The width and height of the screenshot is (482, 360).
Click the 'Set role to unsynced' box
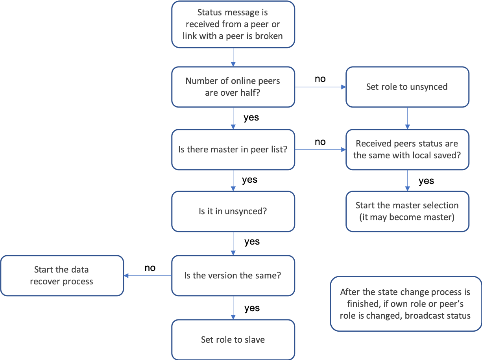tap(407, 87)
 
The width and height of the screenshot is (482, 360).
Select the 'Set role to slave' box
tap(233, 339)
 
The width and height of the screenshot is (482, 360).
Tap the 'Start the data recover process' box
tap(62, 275)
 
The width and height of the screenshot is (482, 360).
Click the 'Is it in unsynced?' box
tap(233, 211)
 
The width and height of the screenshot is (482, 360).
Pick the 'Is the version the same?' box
tap(233, 275)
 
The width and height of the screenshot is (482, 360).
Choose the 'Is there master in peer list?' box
tap(233, 150)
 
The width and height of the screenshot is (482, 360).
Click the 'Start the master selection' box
tap(407, 211)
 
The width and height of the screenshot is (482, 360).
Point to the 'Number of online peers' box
tap(233, 87)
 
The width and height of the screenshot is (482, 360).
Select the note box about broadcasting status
tap(405, 304)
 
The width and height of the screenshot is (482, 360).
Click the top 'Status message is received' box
tap(233, 24)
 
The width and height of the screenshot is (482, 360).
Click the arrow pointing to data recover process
tap(148, 275)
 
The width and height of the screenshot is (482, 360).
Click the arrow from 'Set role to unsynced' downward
tap(407, 118)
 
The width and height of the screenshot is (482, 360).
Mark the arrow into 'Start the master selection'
tap(407, 181)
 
